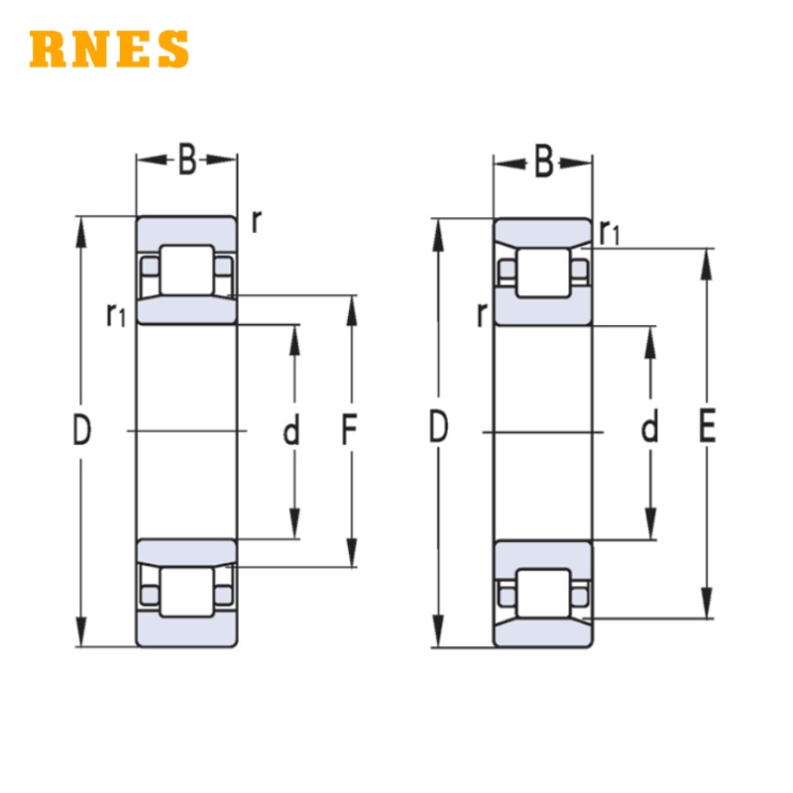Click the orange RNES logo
(x=109, y=49)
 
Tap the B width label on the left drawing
(x=187, y=160)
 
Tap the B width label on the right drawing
(x=543, y=162)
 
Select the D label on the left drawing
(x=82, y=429)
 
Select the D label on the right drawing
(x=438, y=427)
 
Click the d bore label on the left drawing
(x=291, y=429)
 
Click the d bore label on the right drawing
(x=650, y=426)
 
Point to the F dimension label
(x=350, y=429)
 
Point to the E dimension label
(x=707, y=426)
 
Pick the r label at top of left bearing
(x=257, y=221)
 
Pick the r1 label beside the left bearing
(x=116, y=314)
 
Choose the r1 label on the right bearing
(x=609, y=233)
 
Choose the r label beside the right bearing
(x=482, y=314)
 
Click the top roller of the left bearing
(x=186, y=270)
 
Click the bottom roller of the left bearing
(x=186, y=592)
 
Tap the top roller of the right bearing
(x=543, y=273)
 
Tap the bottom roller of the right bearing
(x=543, y=593)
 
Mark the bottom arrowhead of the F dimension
(x=352, y=552)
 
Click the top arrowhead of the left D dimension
(x=81, y=233)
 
